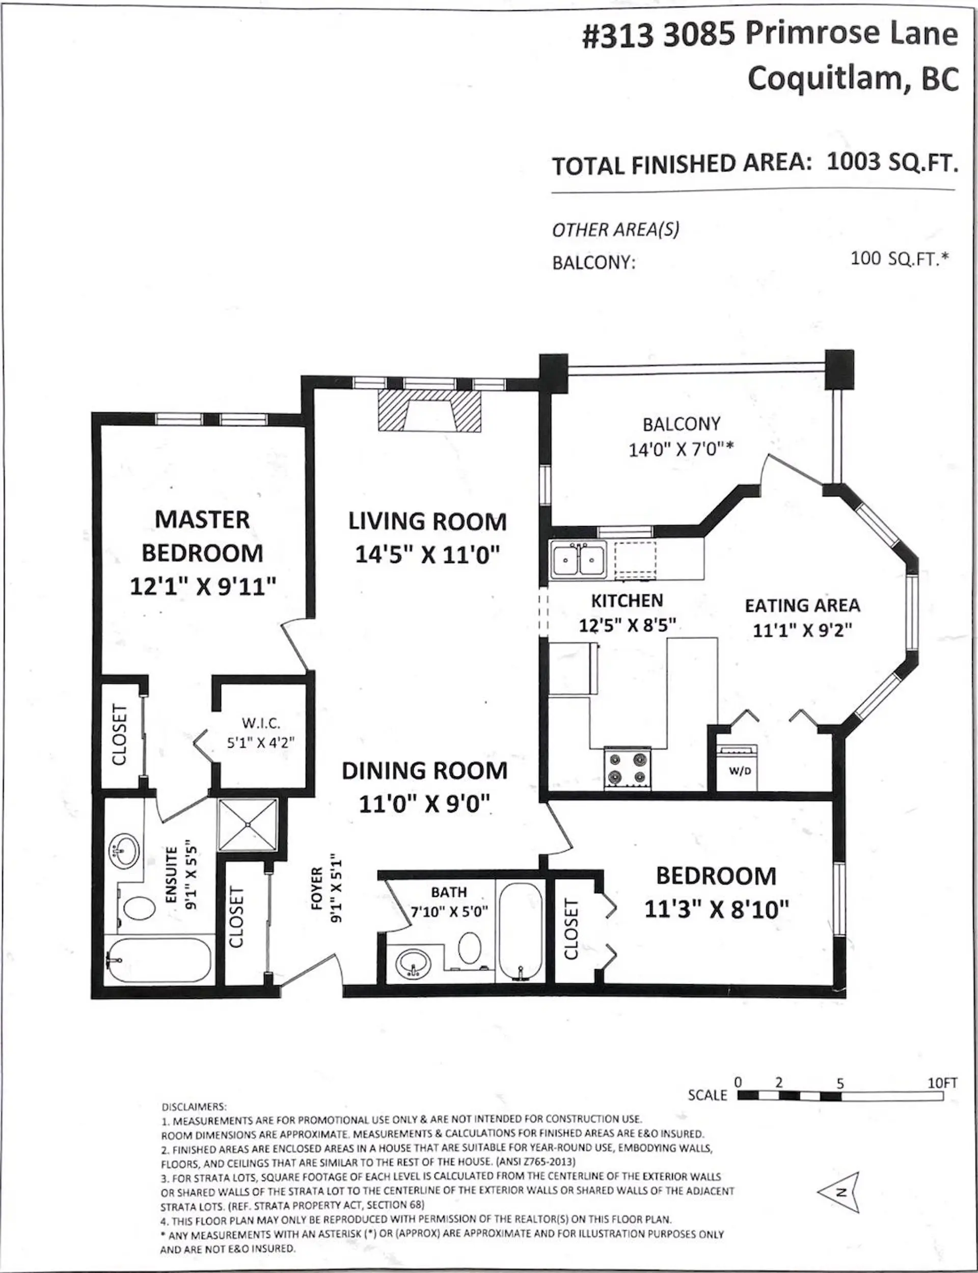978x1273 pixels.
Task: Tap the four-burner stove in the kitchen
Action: click(x=627, y=767)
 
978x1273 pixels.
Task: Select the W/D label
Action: click(x=740, y=771)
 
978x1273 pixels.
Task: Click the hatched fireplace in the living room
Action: click(x=429, y=411)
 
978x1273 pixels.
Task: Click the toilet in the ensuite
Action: click(x=140, y=907)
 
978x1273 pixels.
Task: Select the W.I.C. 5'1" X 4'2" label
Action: click(x=261, y=733)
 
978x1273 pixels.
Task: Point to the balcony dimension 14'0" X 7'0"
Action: click(x=680, y=449)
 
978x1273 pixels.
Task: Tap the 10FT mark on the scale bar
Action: click(x=942, y=1083)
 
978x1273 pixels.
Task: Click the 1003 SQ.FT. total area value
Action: click(x=892, y=163)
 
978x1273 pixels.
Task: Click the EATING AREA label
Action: click(x=802, y=605)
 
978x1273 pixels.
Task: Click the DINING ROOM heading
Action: click(x=424, y=771)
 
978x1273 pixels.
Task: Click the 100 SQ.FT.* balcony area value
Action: click(x=900, y=258)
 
